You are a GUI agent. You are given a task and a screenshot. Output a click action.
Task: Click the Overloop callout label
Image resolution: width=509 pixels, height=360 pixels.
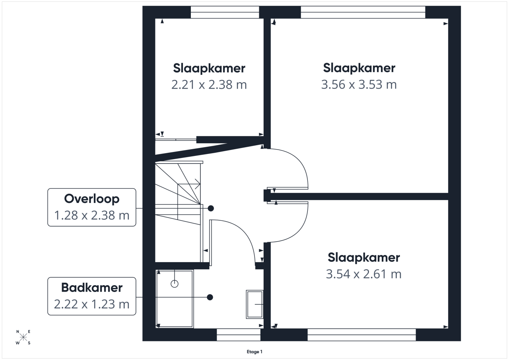pyautogui.click(x=91, y=207)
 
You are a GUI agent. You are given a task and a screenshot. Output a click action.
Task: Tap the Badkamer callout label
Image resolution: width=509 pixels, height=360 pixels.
pyautogui.click(x=91, y=296)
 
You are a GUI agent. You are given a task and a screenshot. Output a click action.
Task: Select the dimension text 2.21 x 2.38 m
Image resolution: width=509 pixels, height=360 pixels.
pyautogui.click(x=209, y=85)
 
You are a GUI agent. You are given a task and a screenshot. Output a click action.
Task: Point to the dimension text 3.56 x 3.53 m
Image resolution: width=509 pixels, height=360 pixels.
pyautogui.click(x=359, y=85)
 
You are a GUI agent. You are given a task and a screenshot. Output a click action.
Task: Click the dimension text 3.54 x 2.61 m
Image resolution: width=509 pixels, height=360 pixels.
pyautogui.click(x=363, y=274)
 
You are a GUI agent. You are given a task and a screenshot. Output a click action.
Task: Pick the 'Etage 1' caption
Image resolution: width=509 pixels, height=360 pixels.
pyautogui.click(x=254, y=352)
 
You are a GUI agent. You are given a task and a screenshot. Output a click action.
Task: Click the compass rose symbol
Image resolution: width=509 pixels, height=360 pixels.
pyautogui.click(x=23, y=337)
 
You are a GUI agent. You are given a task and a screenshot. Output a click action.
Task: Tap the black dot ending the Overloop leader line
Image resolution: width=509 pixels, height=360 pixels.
pyautogui.click(x=211, y=208)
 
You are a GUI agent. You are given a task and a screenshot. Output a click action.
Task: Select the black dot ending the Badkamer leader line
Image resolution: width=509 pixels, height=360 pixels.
pyautogui.click(x=210, y=297)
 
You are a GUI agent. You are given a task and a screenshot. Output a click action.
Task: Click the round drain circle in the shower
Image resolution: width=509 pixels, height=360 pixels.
pyautogui.click(x=175, y=284)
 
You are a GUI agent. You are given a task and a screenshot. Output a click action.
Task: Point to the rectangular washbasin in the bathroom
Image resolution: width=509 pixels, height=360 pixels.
pyautogui.click(x=255, y=304)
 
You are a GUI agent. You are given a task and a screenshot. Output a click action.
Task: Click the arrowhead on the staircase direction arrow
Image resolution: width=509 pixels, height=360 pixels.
pyautogui.click(x=198, y=184)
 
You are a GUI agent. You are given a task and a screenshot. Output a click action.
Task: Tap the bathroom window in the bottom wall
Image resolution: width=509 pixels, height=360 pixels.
pyautogui.click(x=238, y=335)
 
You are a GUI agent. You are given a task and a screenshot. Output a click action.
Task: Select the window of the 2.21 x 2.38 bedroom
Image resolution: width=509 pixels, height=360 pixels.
pyautogui.click(x=225, y=12)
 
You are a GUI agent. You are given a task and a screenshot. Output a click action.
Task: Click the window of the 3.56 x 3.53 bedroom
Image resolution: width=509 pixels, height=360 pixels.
pyautogui.click(x=363, y=12)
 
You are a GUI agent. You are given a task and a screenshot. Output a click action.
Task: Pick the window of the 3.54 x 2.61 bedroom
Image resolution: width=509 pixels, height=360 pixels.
pyautogui.click(x=362, y=335)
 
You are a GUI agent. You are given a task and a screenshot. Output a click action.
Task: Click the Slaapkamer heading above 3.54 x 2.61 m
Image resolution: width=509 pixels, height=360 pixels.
pyautogui.click(x=363, y=258)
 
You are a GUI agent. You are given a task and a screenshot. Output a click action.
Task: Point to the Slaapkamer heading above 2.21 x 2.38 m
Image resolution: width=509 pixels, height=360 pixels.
pyautogui.click(x=209, y=68)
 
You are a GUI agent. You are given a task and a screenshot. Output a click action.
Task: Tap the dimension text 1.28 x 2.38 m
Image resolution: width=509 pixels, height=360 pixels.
pyautogui.click(x=91, y=216)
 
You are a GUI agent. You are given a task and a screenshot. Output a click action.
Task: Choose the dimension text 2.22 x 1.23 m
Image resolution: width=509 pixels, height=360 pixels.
pyautogui.click(x=91, y=304)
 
